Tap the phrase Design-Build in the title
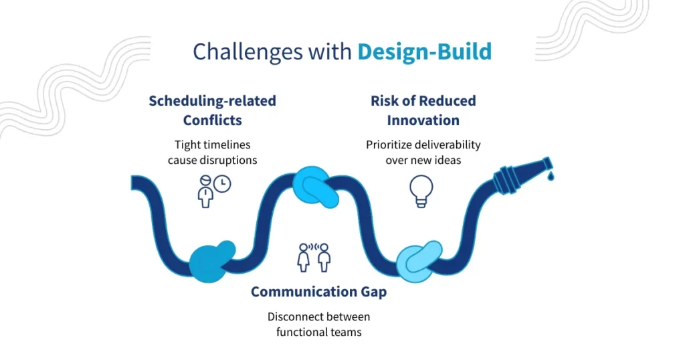(424, 52)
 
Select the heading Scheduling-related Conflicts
(212, 110)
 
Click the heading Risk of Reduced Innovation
(423, 110)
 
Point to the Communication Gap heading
(319, 292)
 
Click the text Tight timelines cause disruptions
(211, 152)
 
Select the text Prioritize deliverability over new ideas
(423, 152)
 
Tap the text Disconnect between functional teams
(318, 324)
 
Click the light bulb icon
(421, 190)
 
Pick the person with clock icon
(213, 191)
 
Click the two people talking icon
(314, 257)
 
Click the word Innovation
(423, 121)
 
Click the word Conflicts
(212, 121)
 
